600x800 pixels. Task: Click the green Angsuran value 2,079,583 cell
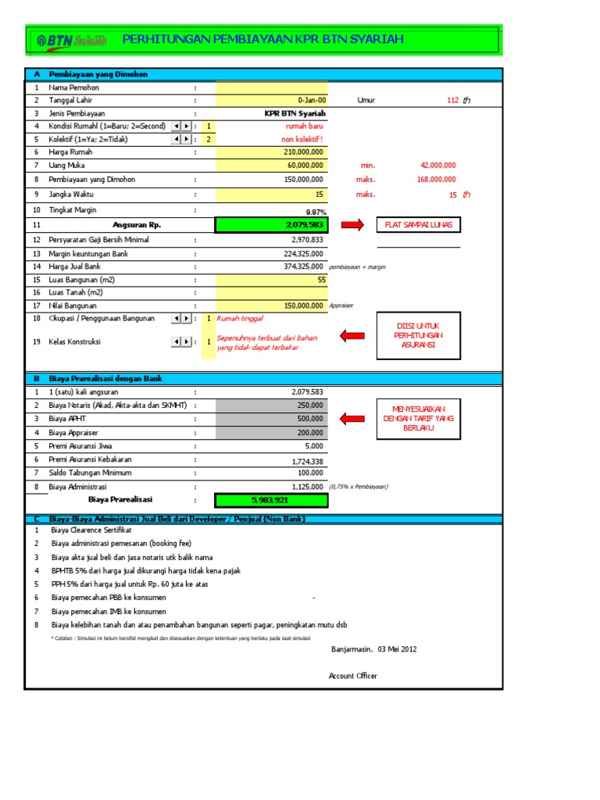(x=272, y=226)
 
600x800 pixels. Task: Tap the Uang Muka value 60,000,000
(x=305, y=166)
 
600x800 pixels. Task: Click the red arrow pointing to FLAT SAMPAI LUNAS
(x=352, y=226)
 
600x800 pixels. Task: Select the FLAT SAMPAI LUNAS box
(x=418, y=226)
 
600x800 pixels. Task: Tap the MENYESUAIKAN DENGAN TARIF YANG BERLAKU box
(x=418, y=419)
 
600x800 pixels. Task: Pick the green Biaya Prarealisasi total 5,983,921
(x=272, y=499)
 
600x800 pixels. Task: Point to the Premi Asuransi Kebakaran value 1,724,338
(x=307, y=461)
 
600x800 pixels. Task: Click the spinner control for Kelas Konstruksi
(x=181, y=341)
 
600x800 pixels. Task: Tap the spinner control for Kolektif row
(x=181, y=139)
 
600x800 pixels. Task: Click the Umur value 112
(x=452, y=100)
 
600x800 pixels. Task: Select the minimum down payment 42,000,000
(x=437, y=166)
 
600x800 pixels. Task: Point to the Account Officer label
(x=353, y=676)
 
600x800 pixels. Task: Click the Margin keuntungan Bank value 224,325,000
(x=303, y=254)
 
